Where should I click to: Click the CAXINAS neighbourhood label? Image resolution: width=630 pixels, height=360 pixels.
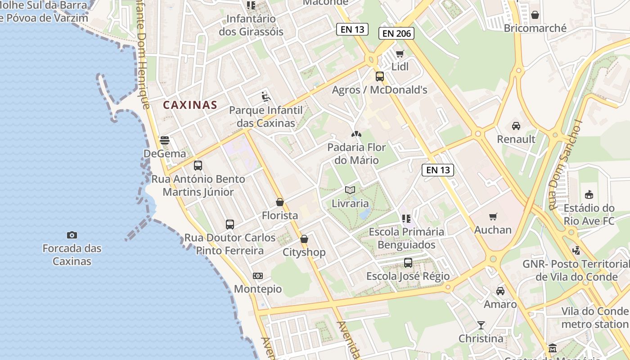[x=190, y=105]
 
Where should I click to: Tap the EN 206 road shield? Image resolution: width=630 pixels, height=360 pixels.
[x=396, y=33]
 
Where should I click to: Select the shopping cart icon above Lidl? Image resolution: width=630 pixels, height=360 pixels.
[x=400, y=54]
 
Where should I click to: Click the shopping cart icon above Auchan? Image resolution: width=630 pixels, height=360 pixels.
[x=493, y=217]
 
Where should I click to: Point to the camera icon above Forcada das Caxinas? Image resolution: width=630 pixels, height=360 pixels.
[x=72, y=235]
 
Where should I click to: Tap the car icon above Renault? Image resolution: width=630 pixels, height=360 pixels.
[x=516, y=126]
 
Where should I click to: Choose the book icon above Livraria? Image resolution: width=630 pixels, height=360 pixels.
[x=350, y=190]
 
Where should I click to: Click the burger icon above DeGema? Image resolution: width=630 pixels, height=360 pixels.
[x=165, y=140]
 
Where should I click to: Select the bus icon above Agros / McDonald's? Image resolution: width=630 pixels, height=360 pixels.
[x=380, y=76]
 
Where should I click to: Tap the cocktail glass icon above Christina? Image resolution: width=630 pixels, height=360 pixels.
[x=481, y=325]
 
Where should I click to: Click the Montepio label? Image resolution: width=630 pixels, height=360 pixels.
[x=258, y=289]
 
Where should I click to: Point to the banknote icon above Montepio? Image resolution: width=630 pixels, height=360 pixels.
[x=258, y=276]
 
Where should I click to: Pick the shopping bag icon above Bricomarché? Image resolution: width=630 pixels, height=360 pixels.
[x=535, y=15]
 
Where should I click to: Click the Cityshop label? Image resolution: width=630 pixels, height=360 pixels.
[x=304, y=252]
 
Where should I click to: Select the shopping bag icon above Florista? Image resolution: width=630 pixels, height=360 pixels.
[x=280, y=202]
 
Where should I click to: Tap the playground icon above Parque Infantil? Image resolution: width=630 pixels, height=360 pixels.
[x=265, y=97]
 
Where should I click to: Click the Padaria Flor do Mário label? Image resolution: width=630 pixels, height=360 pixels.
[x=356, y=153]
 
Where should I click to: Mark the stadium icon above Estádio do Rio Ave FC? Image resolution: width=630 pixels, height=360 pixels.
[x=589, y=195]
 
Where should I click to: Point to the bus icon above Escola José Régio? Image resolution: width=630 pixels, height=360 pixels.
[x=408, y=263]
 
